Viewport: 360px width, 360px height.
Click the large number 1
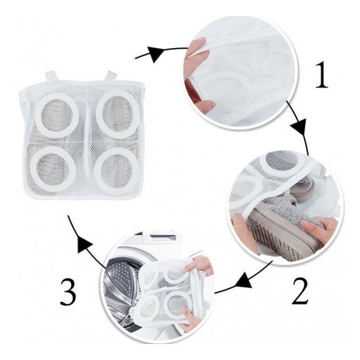321,75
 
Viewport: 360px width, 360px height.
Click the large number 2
300,291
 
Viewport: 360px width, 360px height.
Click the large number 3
68,292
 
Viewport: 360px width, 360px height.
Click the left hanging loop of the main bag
51,77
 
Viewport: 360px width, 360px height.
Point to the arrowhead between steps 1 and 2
299,128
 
